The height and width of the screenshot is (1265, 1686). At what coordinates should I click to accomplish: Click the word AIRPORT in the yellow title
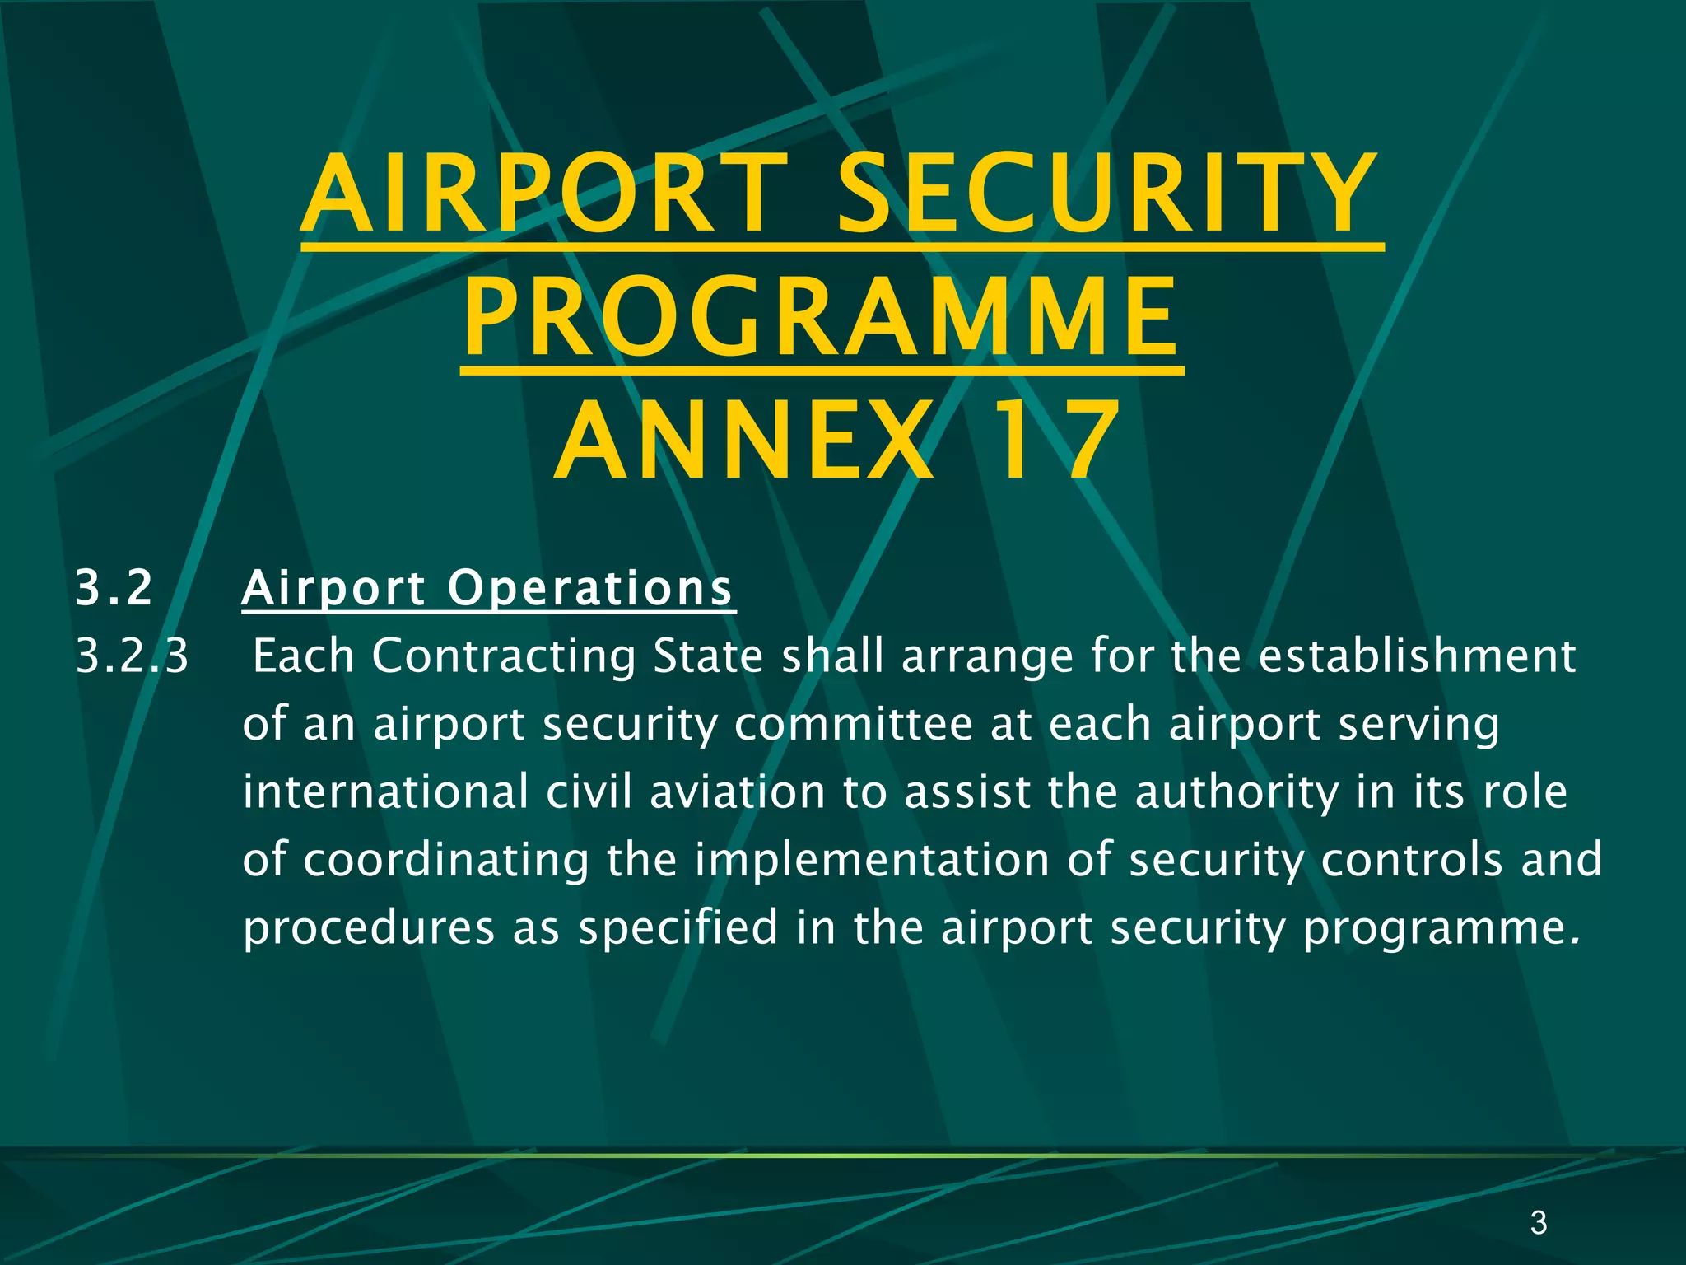click(543, 196)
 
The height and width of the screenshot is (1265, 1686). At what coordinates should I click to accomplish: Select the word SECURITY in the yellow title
click(1107, 196)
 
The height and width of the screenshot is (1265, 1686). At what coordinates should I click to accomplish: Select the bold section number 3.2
click(114, 588)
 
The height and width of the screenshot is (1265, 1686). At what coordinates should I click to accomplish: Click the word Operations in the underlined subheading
click(590, 588)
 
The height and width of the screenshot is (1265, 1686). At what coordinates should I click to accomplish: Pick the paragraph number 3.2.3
click(133, 656)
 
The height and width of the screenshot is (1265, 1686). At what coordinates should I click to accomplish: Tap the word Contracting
click(504, 656)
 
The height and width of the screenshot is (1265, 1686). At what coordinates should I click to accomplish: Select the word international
click(385, 792)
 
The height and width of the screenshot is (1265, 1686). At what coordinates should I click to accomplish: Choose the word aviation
click(737, 792)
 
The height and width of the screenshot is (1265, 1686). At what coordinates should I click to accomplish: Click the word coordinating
click(446, 861)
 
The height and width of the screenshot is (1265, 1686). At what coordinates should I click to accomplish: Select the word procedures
click(369, 928)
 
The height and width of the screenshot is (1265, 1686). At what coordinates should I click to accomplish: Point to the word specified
click(678, 928)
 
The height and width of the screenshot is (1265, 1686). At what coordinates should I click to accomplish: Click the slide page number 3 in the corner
click(1538, 1223)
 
